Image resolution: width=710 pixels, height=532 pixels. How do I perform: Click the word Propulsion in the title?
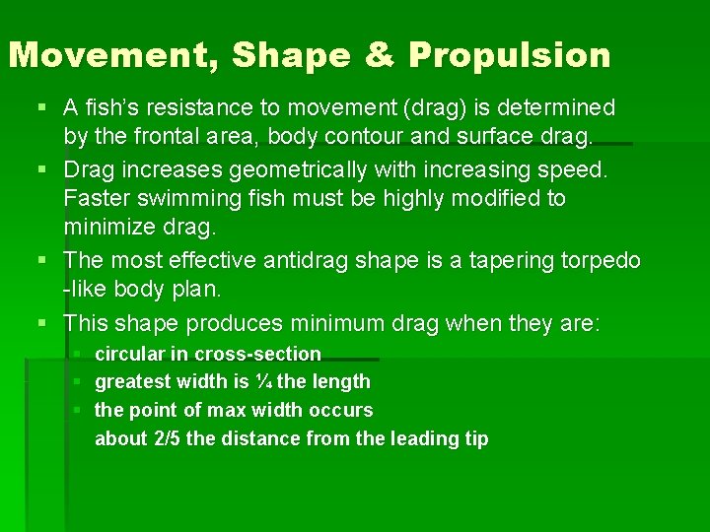pyautogui.click(x=510, y=56)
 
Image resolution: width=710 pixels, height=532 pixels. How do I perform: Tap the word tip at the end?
pyautogui.click(x=475, y=438)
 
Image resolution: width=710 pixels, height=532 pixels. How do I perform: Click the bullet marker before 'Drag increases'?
pyautogui.click(x=42, y=169)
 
